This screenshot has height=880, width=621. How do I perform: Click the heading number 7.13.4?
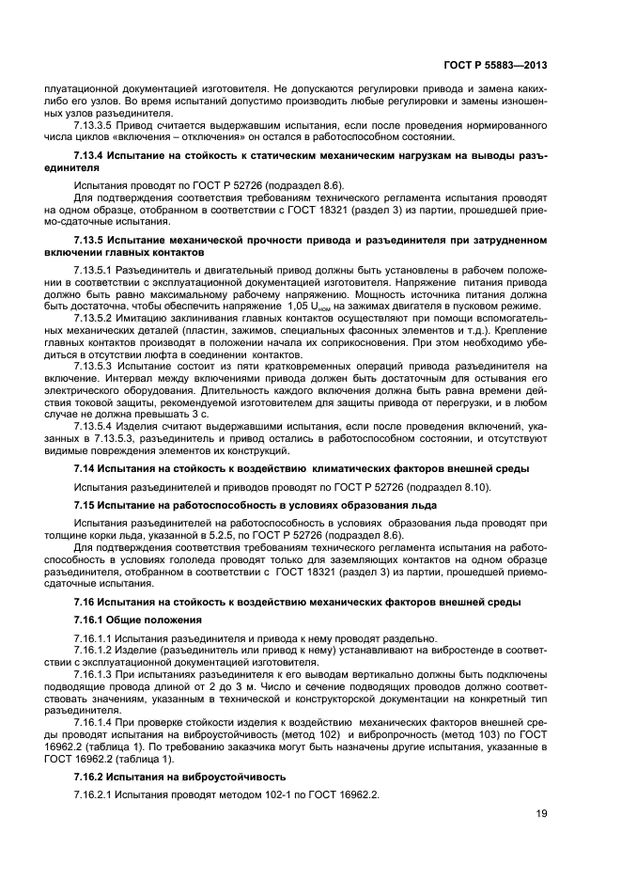pyautogui.click(x=89, y=153)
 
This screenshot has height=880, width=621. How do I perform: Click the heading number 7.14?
pyautogui.click(x=85, y=467)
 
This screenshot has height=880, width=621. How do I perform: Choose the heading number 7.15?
pyautogui.click(x=85, y=505)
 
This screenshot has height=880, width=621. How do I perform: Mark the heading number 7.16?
pyautogui.click(x=85, y=601)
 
